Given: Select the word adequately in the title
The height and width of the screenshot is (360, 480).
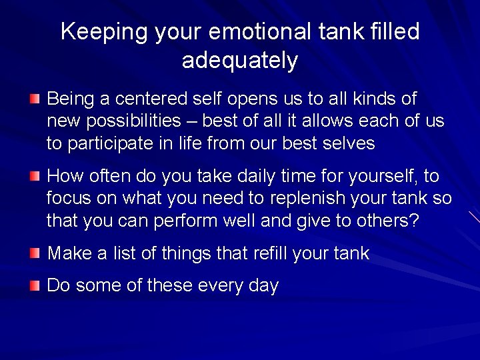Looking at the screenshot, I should pyautogui.click(x=239, y=61).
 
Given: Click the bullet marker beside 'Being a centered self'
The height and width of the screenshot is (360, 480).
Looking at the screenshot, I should pyautogui.click(x=34, y=99).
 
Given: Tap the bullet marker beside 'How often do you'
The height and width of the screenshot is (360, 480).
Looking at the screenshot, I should pyautogui.click(x=34, y=176).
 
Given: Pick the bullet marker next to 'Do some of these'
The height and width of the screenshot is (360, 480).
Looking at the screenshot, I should pyautogui.click(x=34, y=286).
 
